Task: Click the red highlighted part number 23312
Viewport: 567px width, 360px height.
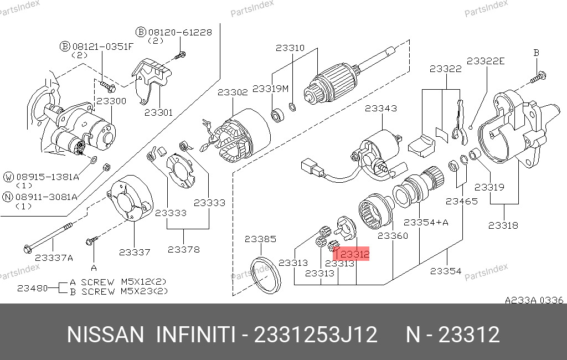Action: coord(354,254)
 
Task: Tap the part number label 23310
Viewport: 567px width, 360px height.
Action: coord(290,48)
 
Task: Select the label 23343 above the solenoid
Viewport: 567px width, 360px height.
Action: coord(381,108)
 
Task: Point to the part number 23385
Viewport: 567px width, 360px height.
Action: coord(260,239)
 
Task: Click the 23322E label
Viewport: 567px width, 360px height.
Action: coord(485,61)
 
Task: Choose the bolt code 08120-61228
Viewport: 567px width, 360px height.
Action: coord(180,33)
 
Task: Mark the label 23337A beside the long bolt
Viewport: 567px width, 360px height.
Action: coord(54,258)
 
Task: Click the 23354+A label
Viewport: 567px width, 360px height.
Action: coord(426,222)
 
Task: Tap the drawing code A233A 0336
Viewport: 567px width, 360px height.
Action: coord(534,300)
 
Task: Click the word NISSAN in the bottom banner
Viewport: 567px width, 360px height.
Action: coord(106,335)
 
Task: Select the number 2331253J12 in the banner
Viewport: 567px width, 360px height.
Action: coord(316,335)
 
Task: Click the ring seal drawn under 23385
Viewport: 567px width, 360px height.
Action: coord(266,275)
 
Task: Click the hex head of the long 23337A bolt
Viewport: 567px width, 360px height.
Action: coord(28,249)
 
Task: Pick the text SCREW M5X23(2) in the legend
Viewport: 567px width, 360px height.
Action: coord(125,292)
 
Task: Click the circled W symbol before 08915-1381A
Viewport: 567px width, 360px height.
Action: coord(8,177)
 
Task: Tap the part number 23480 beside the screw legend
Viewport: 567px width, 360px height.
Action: coord(33,289)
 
